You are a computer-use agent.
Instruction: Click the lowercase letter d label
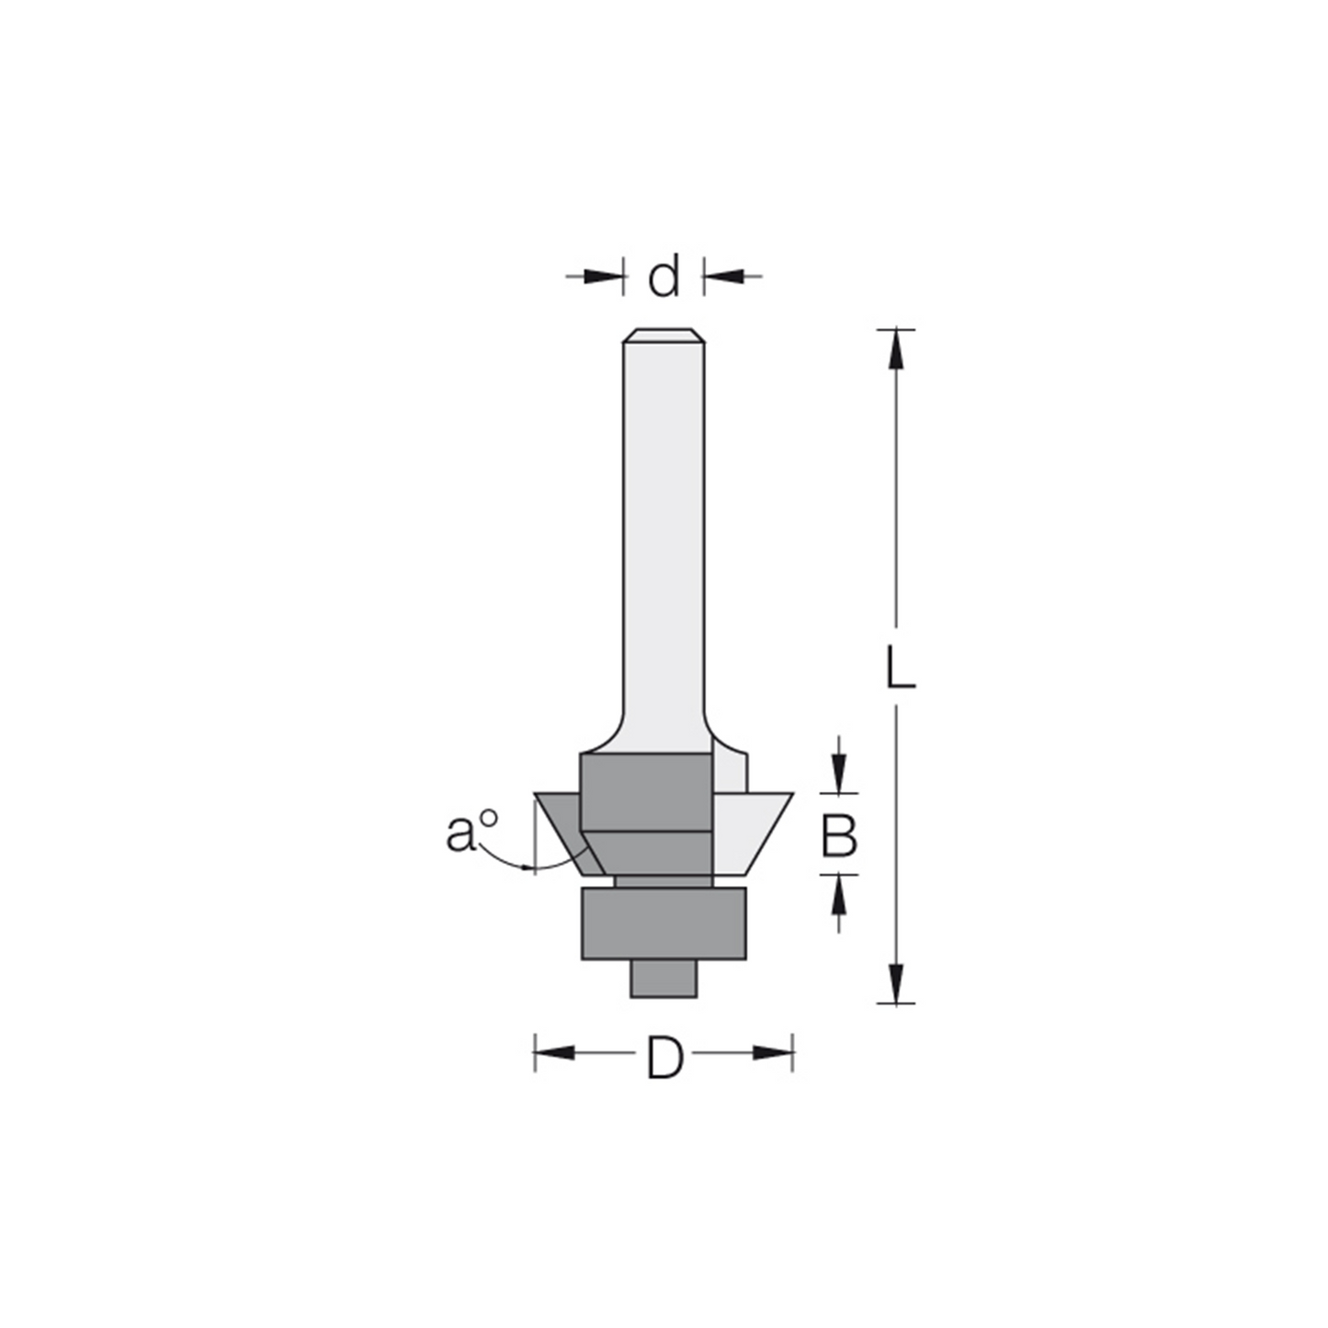coord(664,277)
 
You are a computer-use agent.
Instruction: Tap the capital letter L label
coord(900,667)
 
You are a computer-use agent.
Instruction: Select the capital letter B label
coord(838,835)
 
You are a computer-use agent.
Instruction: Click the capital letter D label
coord(664,1058)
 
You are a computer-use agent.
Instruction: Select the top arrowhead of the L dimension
coord(896,349)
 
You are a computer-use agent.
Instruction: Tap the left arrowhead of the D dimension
coord(554,1052)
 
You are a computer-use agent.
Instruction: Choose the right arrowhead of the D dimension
coord(772,1052)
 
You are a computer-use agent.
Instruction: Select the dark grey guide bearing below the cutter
coord(664,924)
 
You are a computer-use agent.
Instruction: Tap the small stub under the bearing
coord(664,980)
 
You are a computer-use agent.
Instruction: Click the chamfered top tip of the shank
coord(664,335)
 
